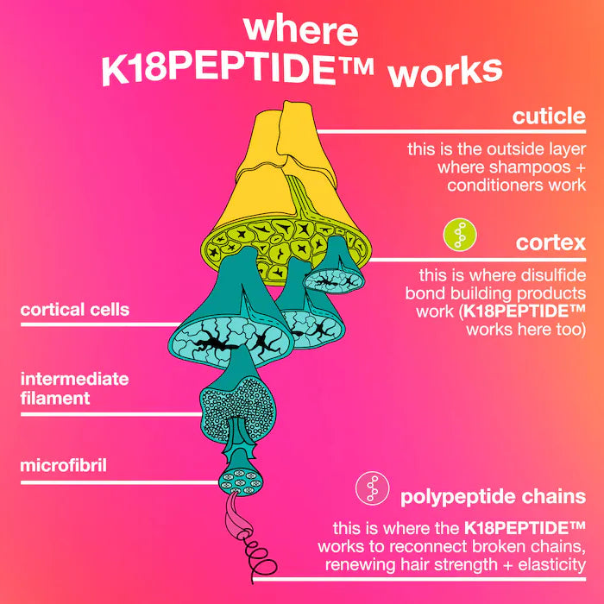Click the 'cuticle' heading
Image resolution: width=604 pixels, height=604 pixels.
[549, 116]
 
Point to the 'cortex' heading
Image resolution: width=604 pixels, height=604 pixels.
[551, 242]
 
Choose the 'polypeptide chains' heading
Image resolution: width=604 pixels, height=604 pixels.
[493, 497]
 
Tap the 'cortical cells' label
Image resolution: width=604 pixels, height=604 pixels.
[74, 309]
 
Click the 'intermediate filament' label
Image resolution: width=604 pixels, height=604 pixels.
[74, 388]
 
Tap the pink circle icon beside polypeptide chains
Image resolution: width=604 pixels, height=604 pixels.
[372, 490]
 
